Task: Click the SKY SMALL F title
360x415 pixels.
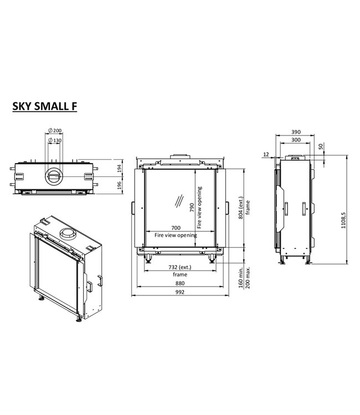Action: (45, 106)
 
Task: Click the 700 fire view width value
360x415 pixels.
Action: (176, 228)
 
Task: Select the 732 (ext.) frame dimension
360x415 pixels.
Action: (180, 268)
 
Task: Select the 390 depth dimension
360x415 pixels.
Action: (296, 132)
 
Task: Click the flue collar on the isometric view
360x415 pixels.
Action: (68, 234)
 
